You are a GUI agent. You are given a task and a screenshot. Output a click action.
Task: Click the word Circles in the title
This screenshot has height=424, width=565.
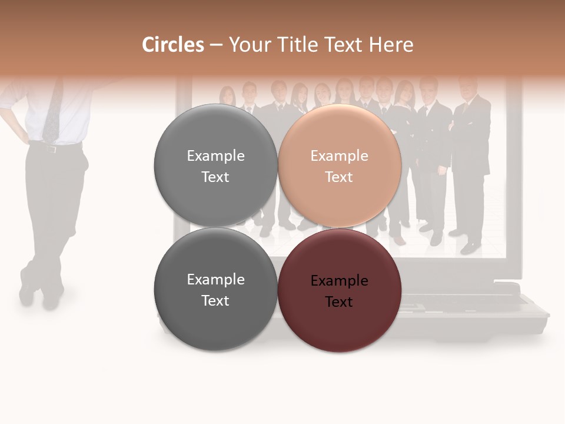[x=172, y=45]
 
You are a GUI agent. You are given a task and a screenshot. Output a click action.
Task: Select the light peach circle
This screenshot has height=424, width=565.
[x=340, y=166]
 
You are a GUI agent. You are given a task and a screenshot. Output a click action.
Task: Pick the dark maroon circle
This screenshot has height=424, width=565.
[x=340, y=290]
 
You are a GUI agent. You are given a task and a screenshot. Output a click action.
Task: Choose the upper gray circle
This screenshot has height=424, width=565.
[x=215, y=166]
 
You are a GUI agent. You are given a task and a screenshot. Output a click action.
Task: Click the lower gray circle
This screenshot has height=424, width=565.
[x=215, y=290]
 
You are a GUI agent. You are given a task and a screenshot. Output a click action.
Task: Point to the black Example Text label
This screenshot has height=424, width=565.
[x=340, y=291]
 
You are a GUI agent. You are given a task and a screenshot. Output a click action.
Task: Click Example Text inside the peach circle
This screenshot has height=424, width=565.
[x=340, y=166]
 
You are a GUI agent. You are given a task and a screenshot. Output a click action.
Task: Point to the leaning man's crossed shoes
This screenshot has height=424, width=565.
[x=41, y=291]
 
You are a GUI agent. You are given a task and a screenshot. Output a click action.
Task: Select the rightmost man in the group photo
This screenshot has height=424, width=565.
[x=471, y=159]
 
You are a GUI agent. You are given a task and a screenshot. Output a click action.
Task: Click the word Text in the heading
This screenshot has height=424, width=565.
[x=344, y=45]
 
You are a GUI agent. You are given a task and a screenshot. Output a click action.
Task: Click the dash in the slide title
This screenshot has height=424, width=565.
[x=216, y=45]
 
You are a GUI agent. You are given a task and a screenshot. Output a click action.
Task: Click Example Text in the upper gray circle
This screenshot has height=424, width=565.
[x=215, y=166]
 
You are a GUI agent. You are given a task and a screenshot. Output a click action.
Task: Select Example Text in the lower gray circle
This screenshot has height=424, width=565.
[x=215, y=290]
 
